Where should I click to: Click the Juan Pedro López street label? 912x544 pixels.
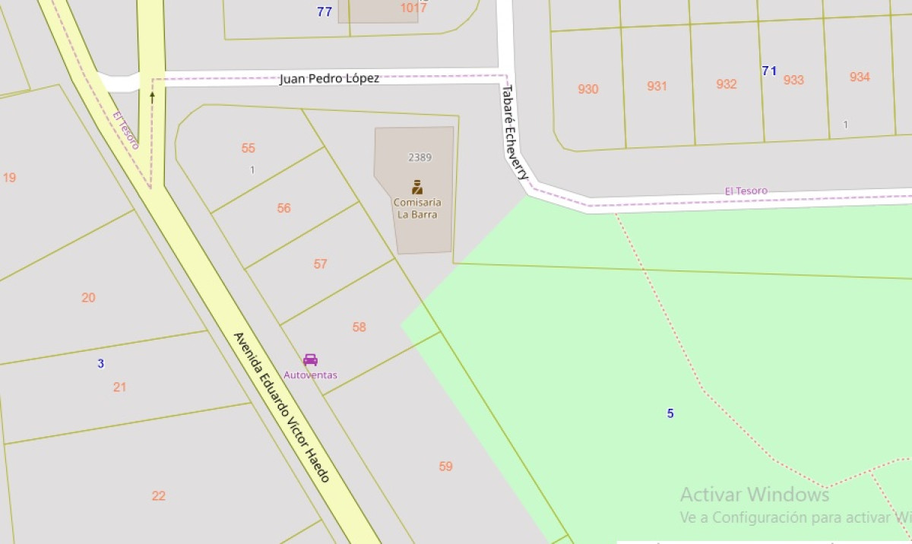(x=329, y=78)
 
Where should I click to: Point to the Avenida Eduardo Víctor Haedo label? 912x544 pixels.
(x=281, y=407)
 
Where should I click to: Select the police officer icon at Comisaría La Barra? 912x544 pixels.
(x=416, y=187)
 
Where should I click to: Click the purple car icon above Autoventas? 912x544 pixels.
(x=310, y=359)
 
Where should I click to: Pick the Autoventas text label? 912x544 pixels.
(x=310, y=375)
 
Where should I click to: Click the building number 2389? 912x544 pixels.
(x=420, y=157)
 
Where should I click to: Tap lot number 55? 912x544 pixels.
(x=249, y=148)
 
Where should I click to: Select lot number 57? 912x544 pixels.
(x=320, y=264)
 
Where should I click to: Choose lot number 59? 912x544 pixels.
(x=446, y=466)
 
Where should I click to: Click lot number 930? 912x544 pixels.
(x=587, y=89)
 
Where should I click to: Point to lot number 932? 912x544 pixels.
(x=726, y=84)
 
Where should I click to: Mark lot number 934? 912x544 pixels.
(x=860, y=77)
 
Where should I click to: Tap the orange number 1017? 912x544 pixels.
(x=414, y=8)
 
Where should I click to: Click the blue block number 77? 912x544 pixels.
(x=325, y=11)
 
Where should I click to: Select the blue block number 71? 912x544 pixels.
(x=769, y=71)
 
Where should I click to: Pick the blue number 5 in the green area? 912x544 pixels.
(x=670, y=413)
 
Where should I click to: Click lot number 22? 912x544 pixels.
(x=158, y=495)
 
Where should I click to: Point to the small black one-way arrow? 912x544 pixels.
(x=152, y=96)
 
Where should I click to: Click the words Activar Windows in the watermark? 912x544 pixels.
(x=754, y=495)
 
